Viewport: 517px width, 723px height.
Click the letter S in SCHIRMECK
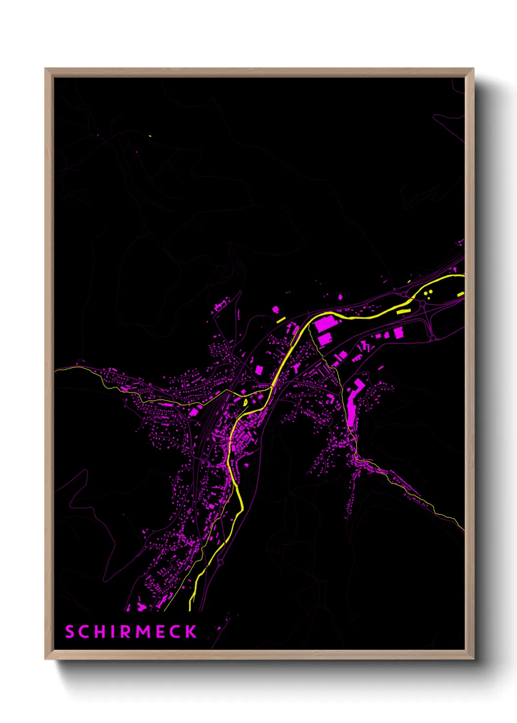(x=69, y=632)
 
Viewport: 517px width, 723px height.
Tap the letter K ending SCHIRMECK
(x=191, y=632)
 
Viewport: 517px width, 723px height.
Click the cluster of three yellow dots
(x=429, y=293)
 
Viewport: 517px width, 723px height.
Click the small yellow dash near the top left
(x=150, y=136)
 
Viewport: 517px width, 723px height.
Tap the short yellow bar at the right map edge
(x=460, y=294)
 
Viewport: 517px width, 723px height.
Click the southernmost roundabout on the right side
(x=433, y=338)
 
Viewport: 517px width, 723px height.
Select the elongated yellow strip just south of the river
(x=404, y=310)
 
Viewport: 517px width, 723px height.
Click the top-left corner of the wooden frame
(x=46, y=69)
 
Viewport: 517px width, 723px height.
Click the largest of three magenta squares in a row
(x=398, y=332)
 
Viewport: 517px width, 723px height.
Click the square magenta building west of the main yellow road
(x=259, y=370)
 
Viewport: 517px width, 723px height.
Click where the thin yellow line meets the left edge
(x=55, y=370)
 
